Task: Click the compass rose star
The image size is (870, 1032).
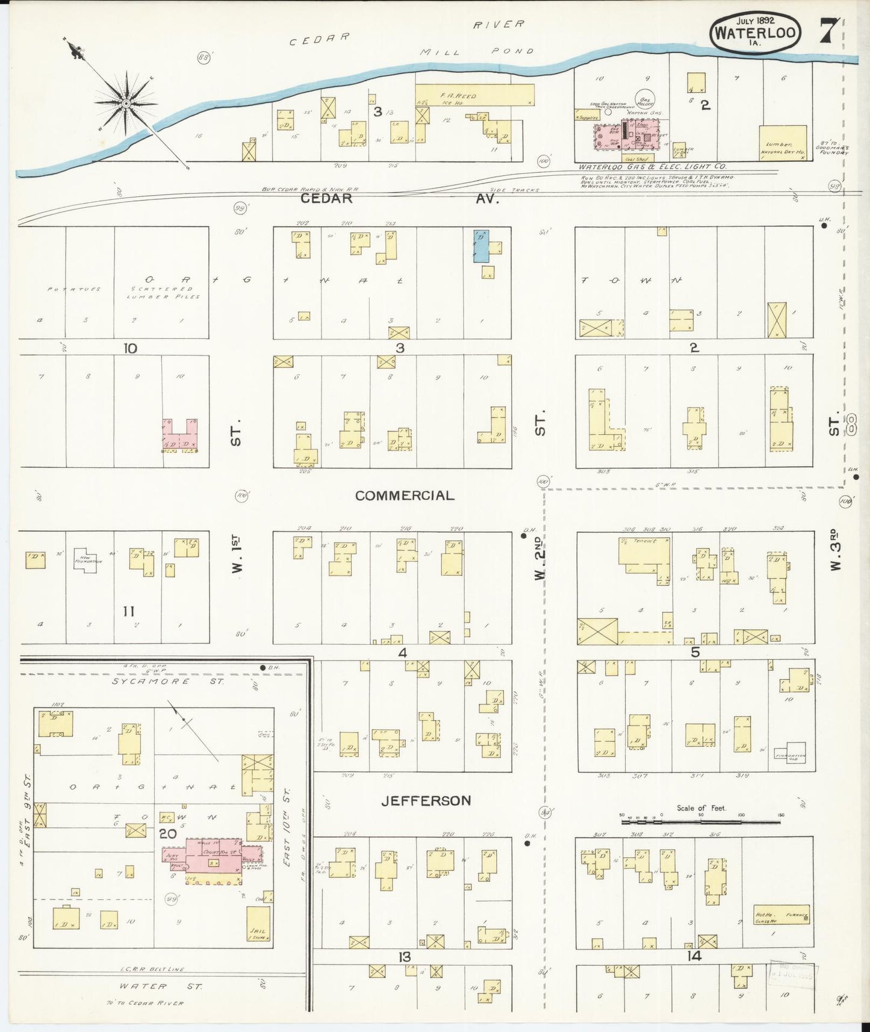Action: click(x=126, y=103)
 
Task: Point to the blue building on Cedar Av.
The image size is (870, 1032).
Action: click(x=480, y=246)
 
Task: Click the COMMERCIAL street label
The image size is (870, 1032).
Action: click(x=405, y=496)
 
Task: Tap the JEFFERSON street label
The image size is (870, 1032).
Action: click(x=426, y=801)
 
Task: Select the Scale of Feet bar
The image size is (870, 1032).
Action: click(x=701, y=817)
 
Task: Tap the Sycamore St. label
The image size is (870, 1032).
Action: click(x=169, y=682)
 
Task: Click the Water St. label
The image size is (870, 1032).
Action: click(x=160, y=986)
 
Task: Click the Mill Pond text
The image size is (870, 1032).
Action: click(x=477, y=52)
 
